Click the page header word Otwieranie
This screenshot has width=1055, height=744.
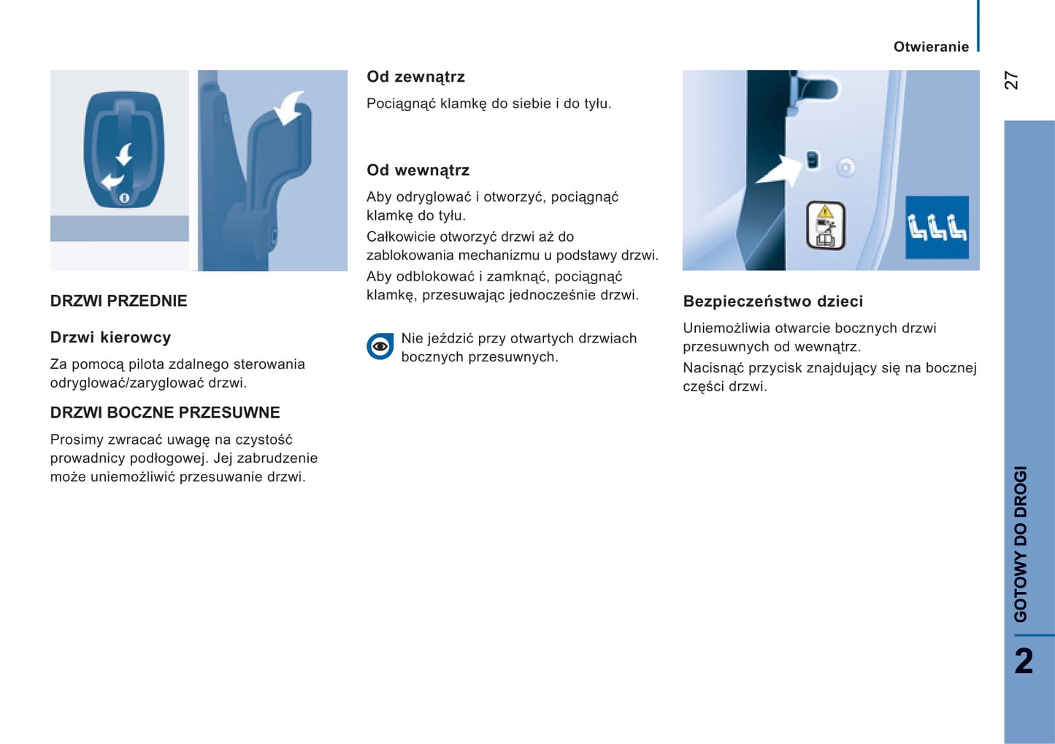931,47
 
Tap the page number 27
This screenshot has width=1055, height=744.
1011,80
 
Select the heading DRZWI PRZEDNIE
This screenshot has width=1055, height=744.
118,301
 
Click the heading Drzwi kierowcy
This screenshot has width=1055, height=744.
110,337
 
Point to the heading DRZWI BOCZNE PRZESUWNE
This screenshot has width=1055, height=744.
165,413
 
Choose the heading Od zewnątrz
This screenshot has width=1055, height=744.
415,77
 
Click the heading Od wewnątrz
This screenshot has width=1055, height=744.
418,170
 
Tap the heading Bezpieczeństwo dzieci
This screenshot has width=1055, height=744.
772,302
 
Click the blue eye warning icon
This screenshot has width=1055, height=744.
380,346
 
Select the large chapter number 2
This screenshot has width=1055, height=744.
1024,661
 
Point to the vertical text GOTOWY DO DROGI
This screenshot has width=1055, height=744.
1021,544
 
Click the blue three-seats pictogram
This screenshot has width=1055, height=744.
937,227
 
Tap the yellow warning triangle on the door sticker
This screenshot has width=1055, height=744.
825,212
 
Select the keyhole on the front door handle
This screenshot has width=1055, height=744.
124,198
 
